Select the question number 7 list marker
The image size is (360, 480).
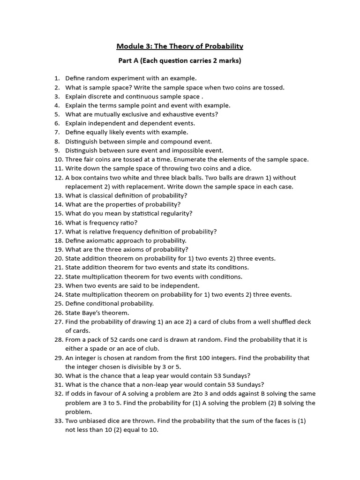[x=57, y=132]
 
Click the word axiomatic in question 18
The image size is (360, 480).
[x=105, y=240]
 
